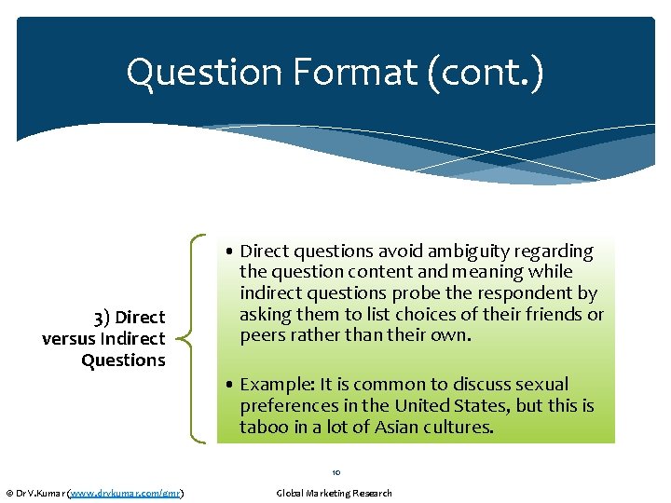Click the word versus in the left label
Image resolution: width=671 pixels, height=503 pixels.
pyautogui.click(x=68, y=339)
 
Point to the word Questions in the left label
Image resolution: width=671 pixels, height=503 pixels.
pyautogui.click(x=123, y=360)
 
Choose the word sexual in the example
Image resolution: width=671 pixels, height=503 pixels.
pyautogui.click(x=541, y=385)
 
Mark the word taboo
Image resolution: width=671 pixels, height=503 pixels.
pyautogui.click(x=263, y=428)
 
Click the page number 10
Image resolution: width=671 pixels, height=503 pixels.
pyautogui.click(x=335, y=472)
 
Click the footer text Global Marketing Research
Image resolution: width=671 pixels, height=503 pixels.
pyautogui.click(x=335, y=493)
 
